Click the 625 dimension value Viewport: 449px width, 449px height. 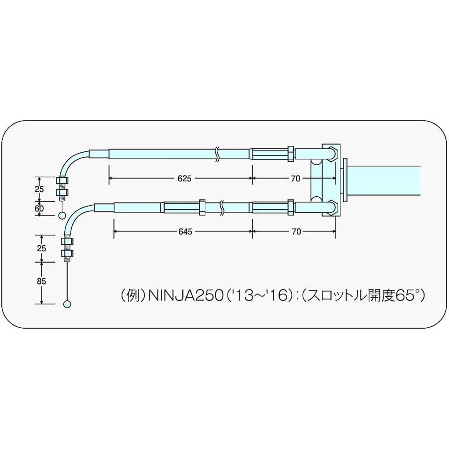click(x=185, y=178)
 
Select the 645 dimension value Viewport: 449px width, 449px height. click(x=185, y=232)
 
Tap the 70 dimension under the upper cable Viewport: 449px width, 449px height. click(x=295, y=178)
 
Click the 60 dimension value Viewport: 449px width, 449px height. click(x=40, y=208)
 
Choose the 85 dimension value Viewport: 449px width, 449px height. click(x=41, y=282)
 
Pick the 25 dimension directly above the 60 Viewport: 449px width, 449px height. click(x=40, y=189)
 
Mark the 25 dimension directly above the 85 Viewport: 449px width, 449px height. click(x=41, y=248)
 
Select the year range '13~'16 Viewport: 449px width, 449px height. click(x=257, y=296)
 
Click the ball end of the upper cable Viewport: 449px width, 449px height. click(x=62, y=216)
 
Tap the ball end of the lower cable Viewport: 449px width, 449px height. click(x=67, y=304)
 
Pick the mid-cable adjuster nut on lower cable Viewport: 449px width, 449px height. click(x=202, y=207)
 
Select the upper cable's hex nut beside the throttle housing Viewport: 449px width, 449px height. click(x=291, y=154)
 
